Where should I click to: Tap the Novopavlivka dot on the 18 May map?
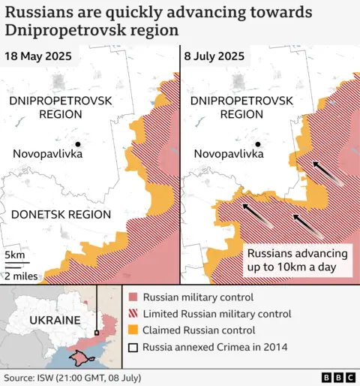click(77, 143)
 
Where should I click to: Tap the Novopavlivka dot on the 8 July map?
click(258, 143)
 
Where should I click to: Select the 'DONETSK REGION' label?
click(61, 214)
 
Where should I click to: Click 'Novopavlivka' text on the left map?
click(47, 154)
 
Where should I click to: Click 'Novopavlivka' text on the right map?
click(228, 154)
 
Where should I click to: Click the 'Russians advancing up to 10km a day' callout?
click(297, 260)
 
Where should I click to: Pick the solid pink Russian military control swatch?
click(133, 297)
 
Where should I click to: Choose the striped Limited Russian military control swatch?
click(133, 313)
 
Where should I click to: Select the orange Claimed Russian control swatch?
click(133, 330)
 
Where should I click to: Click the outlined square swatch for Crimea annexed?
click(133, 346)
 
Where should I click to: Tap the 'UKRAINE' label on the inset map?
click(54, 320)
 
